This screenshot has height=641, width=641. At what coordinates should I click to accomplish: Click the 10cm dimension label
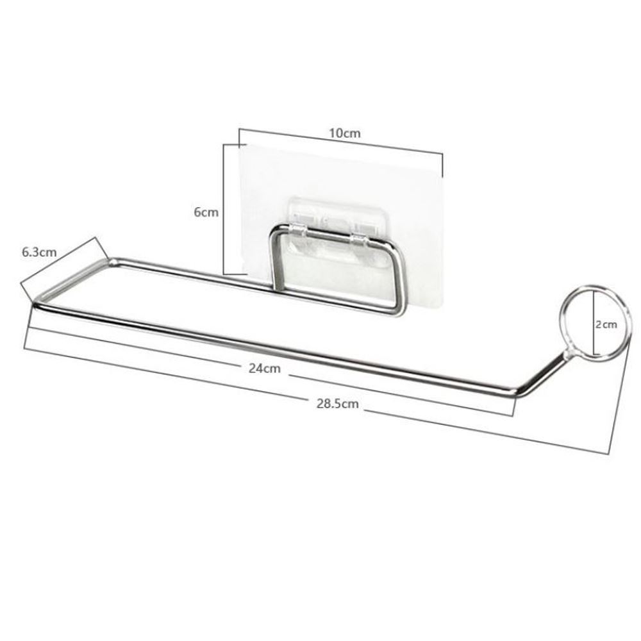(345, 133)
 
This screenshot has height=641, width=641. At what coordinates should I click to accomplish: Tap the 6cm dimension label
(206, 212)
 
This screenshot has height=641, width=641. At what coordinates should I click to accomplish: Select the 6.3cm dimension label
(39, 252)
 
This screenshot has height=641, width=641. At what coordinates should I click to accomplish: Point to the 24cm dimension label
(265, 369)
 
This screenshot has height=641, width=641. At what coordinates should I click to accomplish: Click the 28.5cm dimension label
(337, 404)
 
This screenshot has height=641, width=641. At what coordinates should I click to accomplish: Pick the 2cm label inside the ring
(606, 324)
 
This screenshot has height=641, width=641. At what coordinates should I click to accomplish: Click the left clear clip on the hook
(299, 230)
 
